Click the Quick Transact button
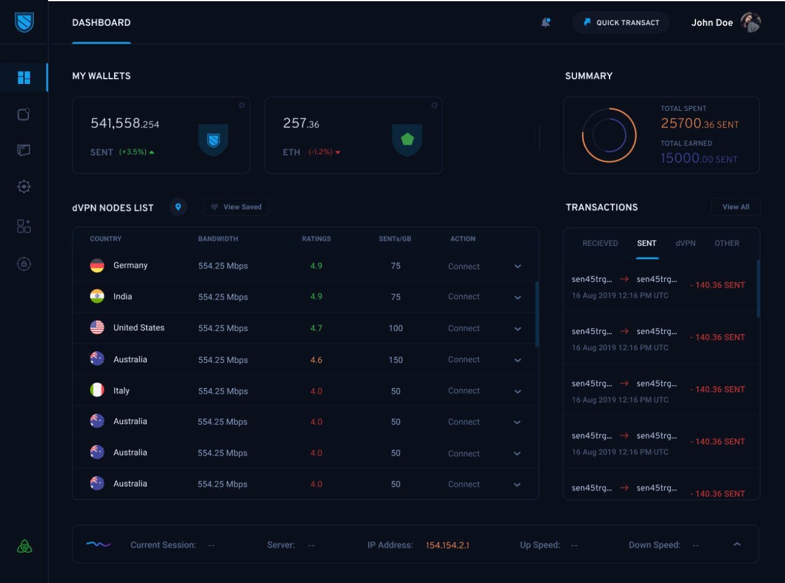[621, 23]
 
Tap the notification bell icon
[545, 23]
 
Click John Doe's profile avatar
[751, 23]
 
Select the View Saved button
[236, 207]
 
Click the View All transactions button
[735, 207]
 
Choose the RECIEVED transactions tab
[600, 243]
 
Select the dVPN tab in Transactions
[686, 243]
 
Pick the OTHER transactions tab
[727, 243]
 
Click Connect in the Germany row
[464, 267]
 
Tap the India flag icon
[97, 297]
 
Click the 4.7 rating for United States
[316, 328]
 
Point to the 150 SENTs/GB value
[396, 360]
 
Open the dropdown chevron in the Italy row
[518, 391]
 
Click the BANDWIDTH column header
[218, 239]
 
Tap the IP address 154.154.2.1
[447, 545]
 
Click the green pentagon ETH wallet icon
[407, 139]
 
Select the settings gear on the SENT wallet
[242, 105]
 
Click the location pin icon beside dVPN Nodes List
[178, 207]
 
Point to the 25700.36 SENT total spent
[699, 124]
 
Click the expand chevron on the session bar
[737, 544]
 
